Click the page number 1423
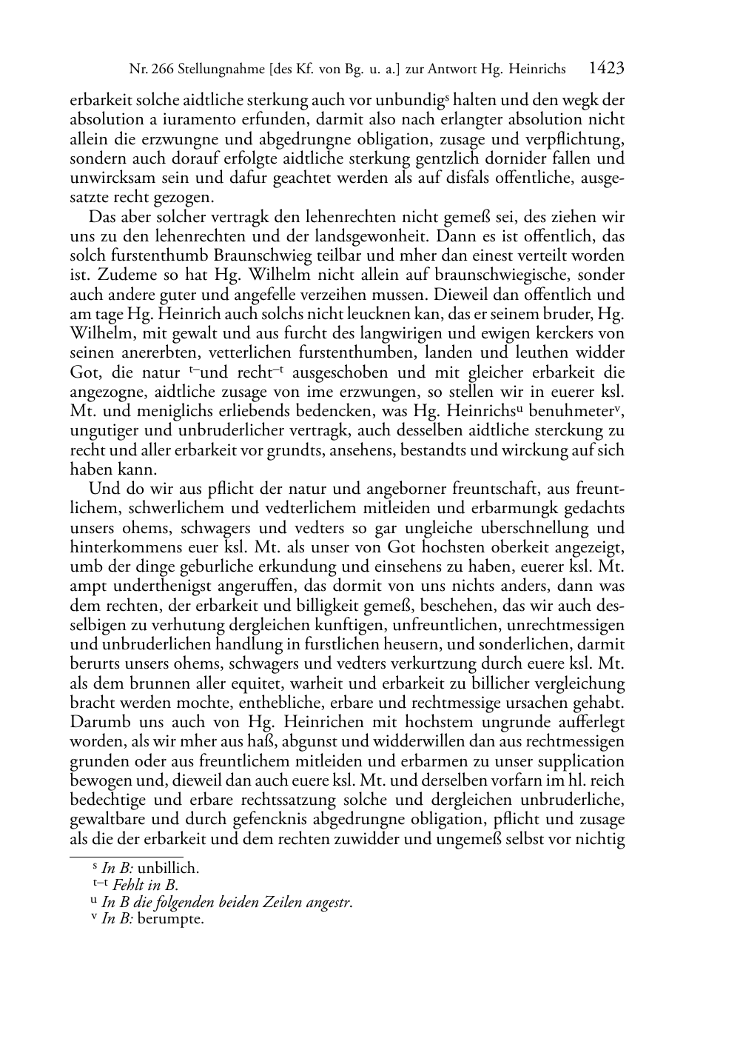click(607, 69)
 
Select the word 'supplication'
click(578, 761)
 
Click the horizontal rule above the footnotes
click(126, 857)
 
